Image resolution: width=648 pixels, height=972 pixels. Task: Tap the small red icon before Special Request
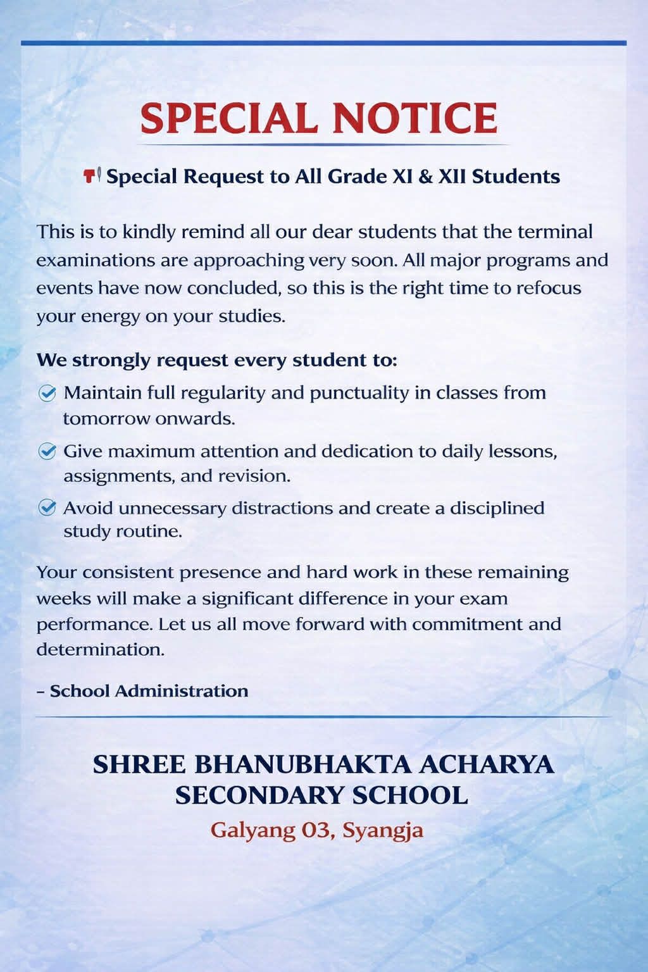[92, 175]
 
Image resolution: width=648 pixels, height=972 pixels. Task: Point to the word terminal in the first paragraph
[555, 232]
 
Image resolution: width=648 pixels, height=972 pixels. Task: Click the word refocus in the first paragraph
[549, 288]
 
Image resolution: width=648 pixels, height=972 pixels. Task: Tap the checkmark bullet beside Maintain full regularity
[47, 393]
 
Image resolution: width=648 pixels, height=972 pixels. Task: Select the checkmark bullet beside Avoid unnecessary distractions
[47, 508]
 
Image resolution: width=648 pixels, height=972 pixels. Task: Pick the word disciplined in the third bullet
[497, 508]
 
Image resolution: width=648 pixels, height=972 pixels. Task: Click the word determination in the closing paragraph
[100, 649]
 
